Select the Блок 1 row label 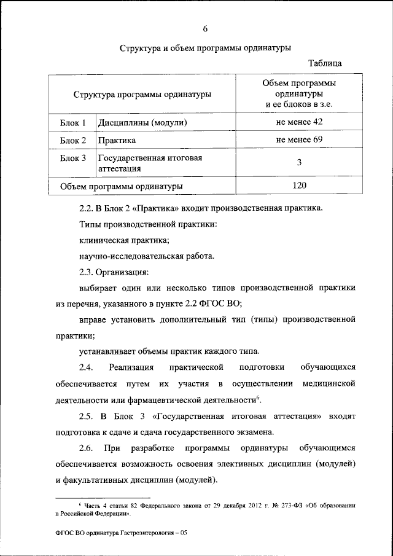pyautogui.click(x=73, y=123)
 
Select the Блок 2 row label pyautogui.click(x=73, y=141)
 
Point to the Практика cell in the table pyautogui.click(x=117, y=141)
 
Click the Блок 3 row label pyautogui.click(x=73, y=159)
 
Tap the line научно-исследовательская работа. pyautogui.click(x=147, y=256)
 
